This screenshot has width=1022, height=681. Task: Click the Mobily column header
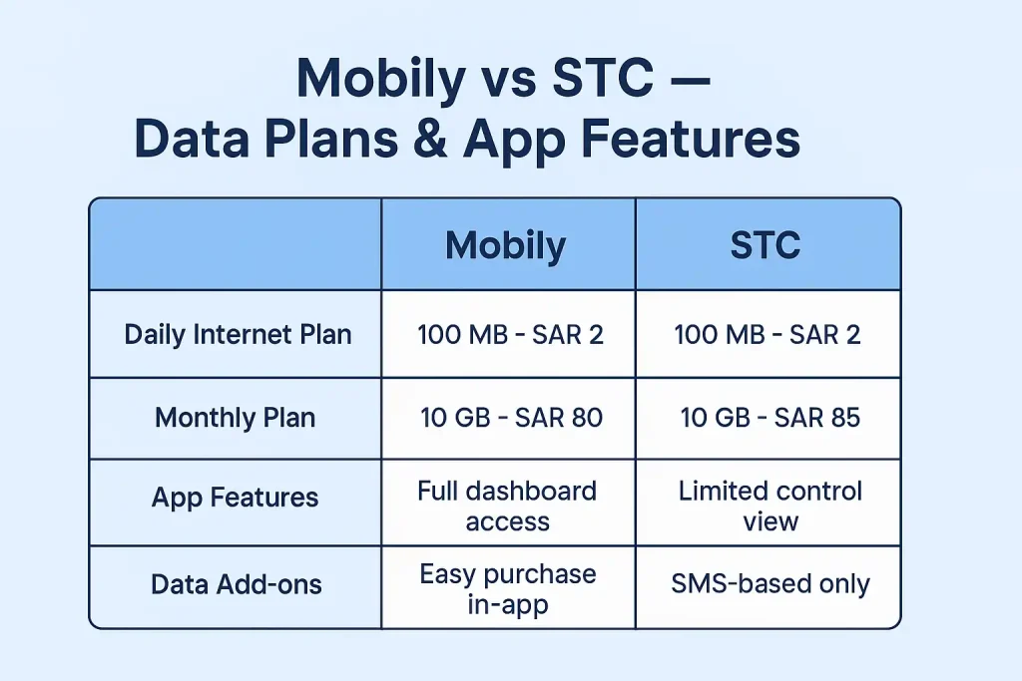point(505,246)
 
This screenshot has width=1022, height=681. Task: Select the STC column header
point(766,245)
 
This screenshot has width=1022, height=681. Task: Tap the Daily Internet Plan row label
point(238,335)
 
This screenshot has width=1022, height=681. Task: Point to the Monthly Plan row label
point(236,418)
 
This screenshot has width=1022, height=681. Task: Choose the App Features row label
point(236,498)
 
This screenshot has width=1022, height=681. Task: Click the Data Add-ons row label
point(236,584)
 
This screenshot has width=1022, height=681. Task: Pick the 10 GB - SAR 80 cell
point(511,418)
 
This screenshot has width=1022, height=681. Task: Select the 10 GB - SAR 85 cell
point(770,418)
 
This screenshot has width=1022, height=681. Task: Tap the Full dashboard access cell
point(507,506)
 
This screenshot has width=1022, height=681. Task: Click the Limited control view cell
point(770,506)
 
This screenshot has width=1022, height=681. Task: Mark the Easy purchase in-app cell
point(508,588)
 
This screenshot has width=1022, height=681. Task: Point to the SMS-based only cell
point(770,584)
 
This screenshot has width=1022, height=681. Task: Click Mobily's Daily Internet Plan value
point(510,335)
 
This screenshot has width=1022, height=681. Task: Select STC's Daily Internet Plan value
point(767,335)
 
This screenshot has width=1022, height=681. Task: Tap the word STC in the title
point(602,78)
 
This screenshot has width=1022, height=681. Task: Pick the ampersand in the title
point(429,138)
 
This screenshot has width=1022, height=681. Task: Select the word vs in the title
point(508,83)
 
